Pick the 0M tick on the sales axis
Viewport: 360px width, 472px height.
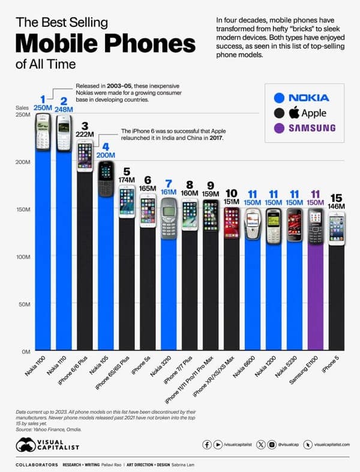coord(25,351)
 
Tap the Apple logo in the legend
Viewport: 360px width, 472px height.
coord(294,112)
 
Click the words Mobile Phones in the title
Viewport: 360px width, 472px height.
coord(105,45)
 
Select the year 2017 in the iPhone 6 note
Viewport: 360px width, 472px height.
coord(214,138)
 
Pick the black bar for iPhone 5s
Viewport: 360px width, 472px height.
coord(148,288)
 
